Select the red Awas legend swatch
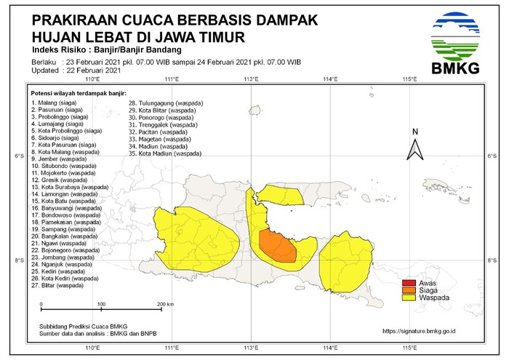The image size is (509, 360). [409, 282]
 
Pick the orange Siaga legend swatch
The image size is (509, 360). [409, 289]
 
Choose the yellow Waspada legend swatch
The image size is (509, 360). [409, 297]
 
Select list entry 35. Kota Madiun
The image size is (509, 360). [165, 154]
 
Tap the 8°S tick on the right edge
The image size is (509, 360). [492, 260]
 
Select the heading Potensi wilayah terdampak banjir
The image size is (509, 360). [79, 94]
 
